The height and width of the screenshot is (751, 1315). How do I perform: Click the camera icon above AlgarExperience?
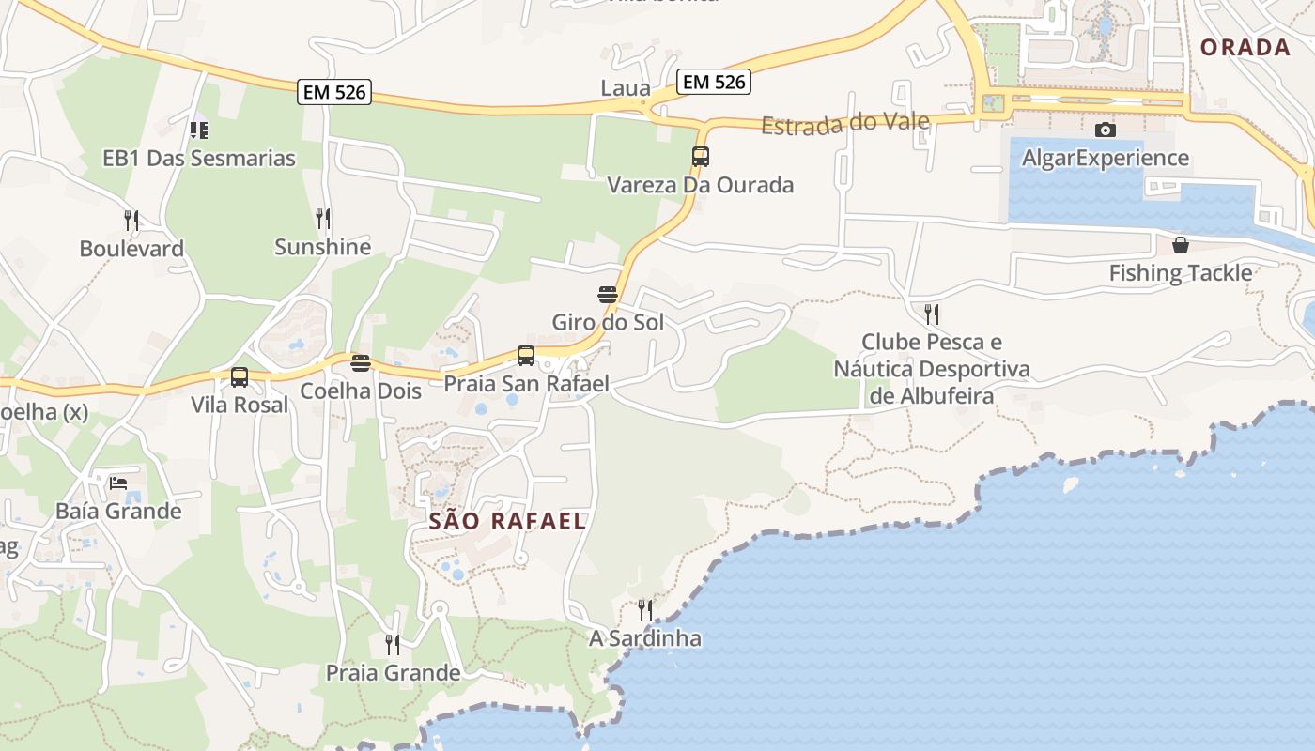1106,130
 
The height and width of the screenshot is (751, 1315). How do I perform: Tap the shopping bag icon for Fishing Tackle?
1181,245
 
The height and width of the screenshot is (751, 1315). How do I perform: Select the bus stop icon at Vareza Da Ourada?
700,157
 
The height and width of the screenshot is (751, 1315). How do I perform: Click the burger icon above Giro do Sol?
608,295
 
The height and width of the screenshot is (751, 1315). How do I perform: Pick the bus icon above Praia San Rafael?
526,356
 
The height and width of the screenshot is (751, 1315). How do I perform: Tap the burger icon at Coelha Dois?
361,362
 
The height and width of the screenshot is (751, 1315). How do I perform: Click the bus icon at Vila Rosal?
240,377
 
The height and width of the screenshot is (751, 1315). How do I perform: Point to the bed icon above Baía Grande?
118,483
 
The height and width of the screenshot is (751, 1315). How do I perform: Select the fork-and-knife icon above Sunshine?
323,219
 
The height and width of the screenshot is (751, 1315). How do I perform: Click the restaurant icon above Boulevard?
131,221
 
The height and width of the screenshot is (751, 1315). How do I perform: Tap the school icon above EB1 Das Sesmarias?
199,130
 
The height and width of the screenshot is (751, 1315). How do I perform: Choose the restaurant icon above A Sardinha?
645,610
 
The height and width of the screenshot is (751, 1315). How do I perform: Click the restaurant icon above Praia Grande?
393,644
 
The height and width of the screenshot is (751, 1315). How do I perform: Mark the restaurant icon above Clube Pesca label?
932,314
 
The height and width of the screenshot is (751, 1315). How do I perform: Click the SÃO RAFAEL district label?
508,522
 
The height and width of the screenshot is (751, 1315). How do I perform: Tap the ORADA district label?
1245,47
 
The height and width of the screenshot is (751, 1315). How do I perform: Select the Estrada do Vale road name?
845,123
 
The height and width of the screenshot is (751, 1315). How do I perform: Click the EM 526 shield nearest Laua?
714,82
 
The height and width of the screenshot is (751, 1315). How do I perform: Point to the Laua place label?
626,88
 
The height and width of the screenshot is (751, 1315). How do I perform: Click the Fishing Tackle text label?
1181,273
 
